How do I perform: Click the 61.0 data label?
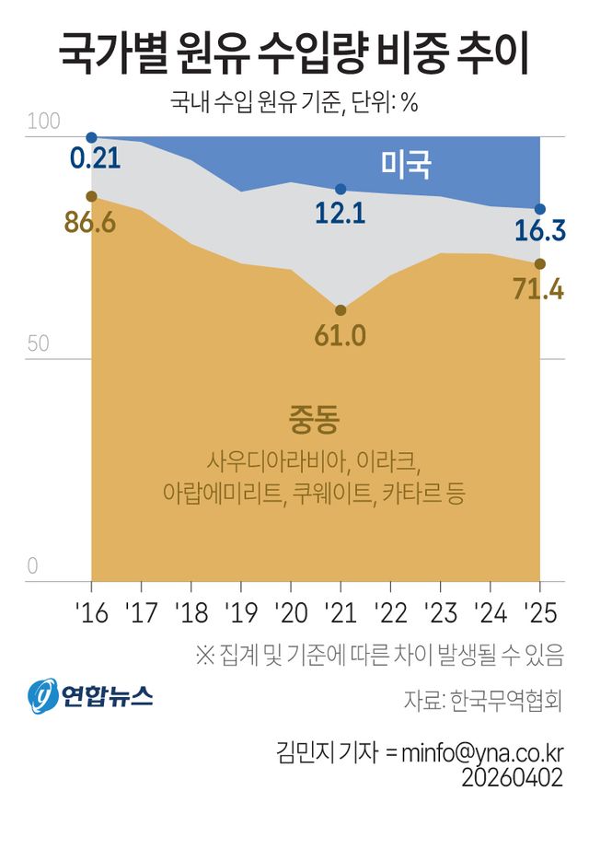(x=340, y=335)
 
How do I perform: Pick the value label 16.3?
(x=539, y=230)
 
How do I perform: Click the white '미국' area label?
(x=407, y=165)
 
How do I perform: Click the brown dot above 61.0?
(x=341, y=310)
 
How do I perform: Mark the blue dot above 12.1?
(x=341, y=189)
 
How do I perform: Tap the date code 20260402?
(x=513, y=777)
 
